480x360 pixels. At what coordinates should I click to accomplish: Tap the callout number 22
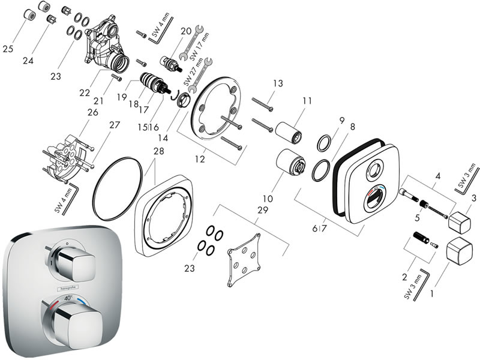click(85, 92)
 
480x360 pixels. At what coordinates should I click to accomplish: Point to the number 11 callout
click(307, 103)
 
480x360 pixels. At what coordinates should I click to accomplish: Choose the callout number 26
click(92, 112)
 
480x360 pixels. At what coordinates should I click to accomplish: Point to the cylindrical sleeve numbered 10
click(290, 163)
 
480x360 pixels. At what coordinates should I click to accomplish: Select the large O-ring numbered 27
click(116, 181)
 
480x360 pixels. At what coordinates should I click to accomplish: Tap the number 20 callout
click(185, 31)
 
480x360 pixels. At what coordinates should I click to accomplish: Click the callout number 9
click(341, 121)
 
